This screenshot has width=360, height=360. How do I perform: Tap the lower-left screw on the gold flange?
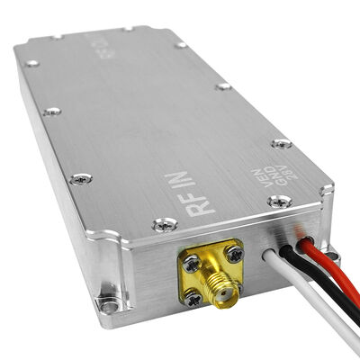(195, 297)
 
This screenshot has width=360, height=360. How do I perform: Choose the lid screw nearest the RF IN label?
(162, 225)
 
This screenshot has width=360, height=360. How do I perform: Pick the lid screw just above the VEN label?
(281, 143)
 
